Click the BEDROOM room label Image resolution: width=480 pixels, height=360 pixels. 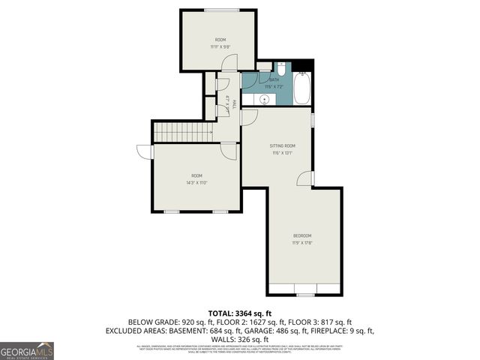(x=303, y=235)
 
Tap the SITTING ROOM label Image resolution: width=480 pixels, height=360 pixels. (x=282, y=145)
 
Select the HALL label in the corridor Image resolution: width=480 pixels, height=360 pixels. (x=235, y=103)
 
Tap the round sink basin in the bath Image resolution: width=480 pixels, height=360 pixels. (x=264, y=98)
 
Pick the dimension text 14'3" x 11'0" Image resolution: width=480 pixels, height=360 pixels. (x=196, y=182)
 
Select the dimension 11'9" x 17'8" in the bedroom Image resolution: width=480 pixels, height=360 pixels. (x=303, y=242)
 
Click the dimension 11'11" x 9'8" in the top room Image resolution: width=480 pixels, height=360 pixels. (x=220, y=46)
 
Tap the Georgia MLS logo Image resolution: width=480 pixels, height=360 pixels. (x=27, y=351)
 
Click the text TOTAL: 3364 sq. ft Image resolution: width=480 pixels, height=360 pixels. (x=240, y=313)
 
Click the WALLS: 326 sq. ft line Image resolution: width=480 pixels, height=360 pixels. (x=240, y=339)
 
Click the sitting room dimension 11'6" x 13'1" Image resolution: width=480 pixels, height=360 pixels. (x=282, y=153)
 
